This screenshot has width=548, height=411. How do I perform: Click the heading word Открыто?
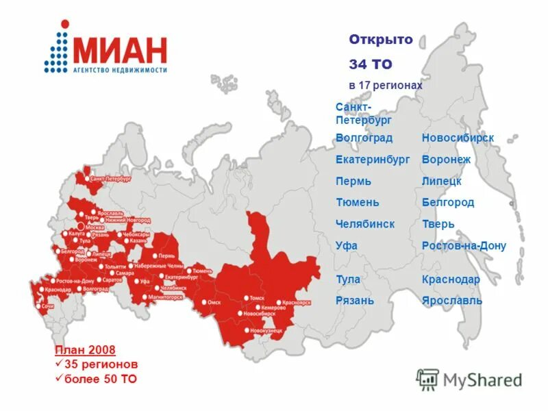pyautogui.click(x=381, y=40)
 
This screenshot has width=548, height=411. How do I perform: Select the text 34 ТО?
pyautogui.click(x=370, y=64)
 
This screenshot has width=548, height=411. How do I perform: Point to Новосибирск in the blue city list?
pyautogui.click(x=458, y=138)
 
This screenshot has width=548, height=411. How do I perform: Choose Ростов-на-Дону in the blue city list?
pyautogui.click(x=464, y=246)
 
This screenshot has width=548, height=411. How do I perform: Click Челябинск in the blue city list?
pyautogui.click(x=364, y=224)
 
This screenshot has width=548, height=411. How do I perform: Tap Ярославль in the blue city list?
pyautogui.click(x=451, y=300)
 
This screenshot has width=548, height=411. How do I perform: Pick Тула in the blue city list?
pyautogui.click(x=347, y=279)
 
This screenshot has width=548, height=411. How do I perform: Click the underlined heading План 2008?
pyautogui.click(x=86, y=350)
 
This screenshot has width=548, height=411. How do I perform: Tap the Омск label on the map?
pyautogui.click(x=214, y=302)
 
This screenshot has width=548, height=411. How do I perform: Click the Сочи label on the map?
pyautogui.click(x=48, y=306)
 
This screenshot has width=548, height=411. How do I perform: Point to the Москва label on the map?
pyautogui.click(x=95, y=225)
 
